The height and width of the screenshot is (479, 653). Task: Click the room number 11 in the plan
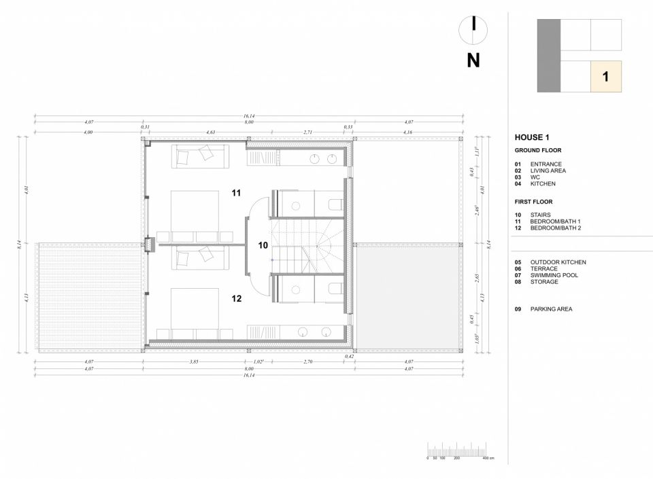[236, 194]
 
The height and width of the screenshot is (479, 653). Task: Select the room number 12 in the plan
[236, 298]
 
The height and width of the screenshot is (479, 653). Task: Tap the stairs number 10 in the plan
[264, 245]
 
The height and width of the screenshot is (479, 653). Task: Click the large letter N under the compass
[473, 60]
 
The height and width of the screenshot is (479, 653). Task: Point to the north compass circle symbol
[473, 26]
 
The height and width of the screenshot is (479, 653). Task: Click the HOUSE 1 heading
[532, 137]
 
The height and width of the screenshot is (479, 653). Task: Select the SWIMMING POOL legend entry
[554, 275]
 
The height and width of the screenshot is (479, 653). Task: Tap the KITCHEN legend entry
[543, 184]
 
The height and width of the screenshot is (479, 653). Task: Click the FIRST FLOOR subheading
[533, 202]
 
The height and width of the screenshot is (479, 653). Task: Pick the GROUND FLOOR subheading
[537, 150]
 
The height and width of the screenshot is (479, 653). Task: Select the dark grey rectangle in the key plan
[548, 55]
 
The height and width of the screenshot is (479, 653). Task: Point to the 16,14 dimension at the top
[248, 116]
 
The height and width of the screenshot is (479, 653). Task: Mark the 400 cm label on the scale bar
[488, 459]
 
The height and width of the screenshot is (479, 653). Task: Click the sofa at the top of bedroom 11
[199, 156]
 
